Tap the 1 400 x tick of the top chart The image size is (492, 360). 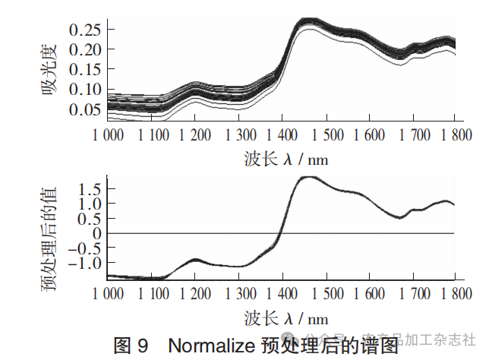click(282, 134)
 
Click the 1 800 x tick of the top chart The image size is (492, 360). click(454, 134)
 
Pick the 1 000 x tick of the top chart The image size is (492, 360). click(109, 134)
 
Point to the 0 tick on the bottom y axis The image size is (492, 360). click(97, 233)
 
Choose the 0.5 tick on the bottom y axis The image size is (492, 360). click(92, 219)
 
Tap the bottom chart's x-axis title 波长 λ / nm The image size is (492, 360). click(286, 317)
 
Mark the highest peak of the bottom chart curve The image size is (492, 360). click(308, 177)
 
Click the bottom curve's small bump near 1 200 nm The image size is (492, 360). click(196, 260)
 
